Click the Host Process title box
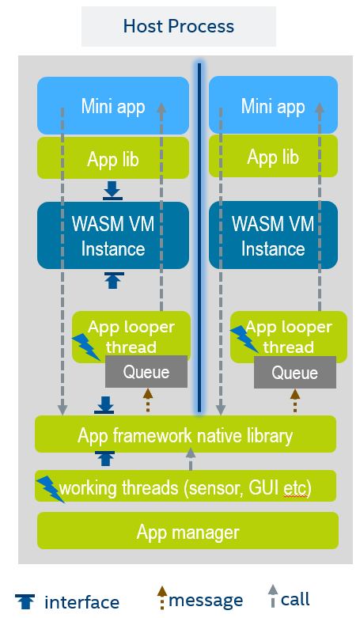179,26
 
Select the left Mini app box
113,105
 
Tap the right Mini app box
273,104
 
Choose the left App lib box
113,158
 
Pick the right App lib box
273,156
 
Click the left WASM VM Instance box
113,236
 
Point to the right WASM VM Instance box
273,235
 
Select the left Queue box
146,371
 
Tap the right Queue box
295,373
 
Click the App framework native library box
185,434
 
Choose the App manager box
188,530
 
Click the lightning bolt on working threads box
51,489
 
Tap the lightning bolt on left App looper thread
86,347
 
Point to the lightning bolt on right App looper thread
244,339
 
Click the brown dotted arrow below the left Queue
148,400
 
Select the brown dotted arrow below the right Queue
295,400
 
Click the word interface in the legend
81,603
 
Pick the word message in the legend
206,601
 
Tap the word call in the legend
295,600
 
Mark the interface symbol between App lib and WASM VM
112,191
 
